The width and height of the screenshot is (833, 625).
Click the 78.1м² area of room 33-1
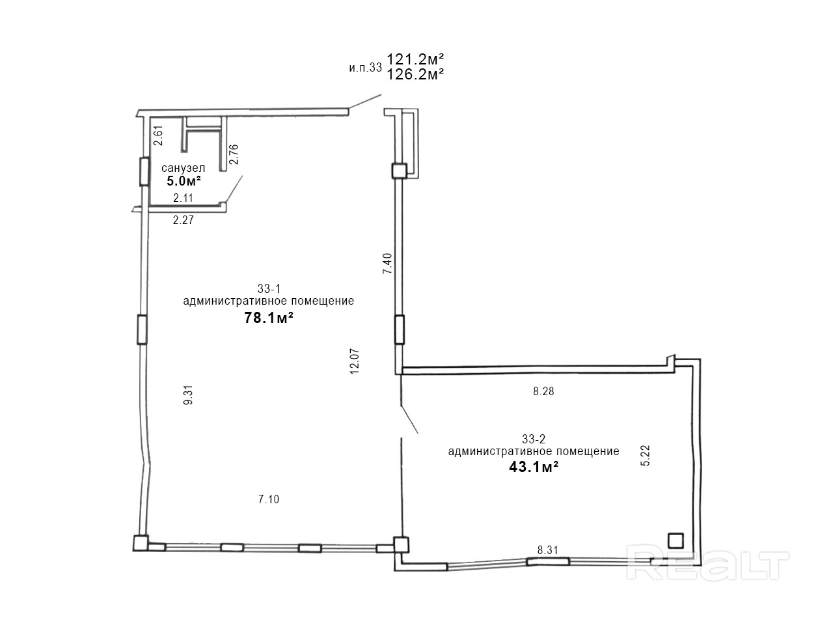tap(269, 318)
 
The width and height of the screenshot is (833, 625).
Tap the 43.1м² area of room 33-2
tap(534, 467)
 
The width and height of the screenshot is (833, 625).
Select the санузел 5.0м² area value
tap(184, 181)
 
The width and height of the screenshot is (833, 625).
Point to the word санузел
tap(184, 168)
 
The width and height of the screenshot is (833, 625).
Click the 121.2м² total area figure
tap(415, 59)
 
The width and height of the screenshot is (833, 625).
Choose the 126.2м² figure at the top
tap(415, 74)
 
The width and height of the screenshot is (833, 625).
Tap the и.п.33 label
tap(365, 68)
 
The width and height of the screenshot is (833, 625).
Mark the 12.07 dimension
tap(355, 361)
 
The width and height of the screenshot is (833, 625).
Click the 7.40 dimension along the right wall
tap(387, 264)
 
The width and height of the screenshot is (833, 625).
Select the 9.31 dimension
tap(188, 395)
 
